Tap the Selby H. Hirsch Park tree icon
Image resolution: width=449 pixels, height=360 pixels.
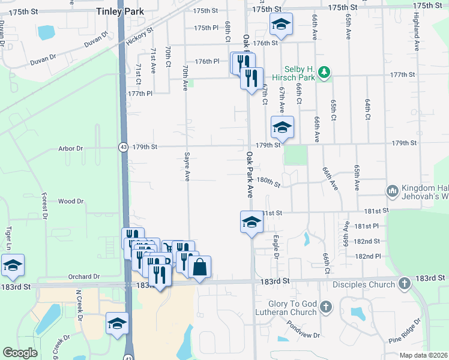click(324, 73)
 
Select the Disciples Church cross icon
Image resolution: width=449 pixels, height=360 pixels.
click(405, 281)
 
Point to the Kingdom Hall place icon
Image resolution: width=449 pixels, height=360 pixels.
click(393, 191)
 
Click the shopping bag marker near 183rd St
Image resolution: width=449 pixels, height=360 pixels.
click(200, 267)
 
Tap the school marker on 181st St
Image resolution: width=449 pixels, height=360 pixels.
click(251, 222)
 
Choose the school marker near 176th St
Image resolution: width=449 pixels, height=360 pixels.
click(280, 24)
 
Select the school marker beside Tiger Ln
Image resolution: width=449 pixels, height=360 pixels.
click(13, 265)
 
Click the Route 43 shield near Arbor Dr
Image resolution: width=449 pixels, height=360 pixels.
click(123, 147)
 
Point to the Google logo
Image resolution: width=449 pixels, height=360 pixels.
click(20, 353)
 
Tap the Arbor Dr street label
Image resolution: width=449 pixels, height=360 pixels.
click(71, 148)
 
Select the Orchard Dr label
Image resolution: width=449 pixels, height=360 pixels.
click(84, 277)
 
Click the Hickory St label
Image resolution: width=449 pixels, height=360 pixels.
click(140, 35)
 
